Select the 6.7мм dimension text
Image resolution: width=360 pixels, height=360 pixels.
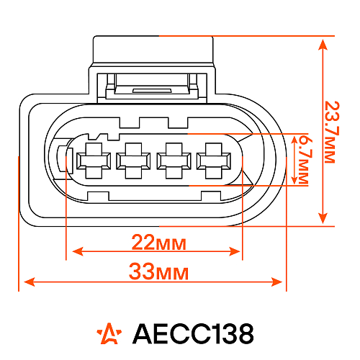click(x=303, y=159)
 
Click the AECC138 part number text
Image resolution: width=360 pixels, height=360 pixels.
click(x=193, y=333)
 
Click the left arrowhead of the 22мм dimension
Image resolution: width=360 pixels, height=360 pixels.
click(x=73, y=251)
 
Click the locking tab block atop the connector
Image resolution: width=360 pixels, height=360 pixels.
click(x=153, y=50)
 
